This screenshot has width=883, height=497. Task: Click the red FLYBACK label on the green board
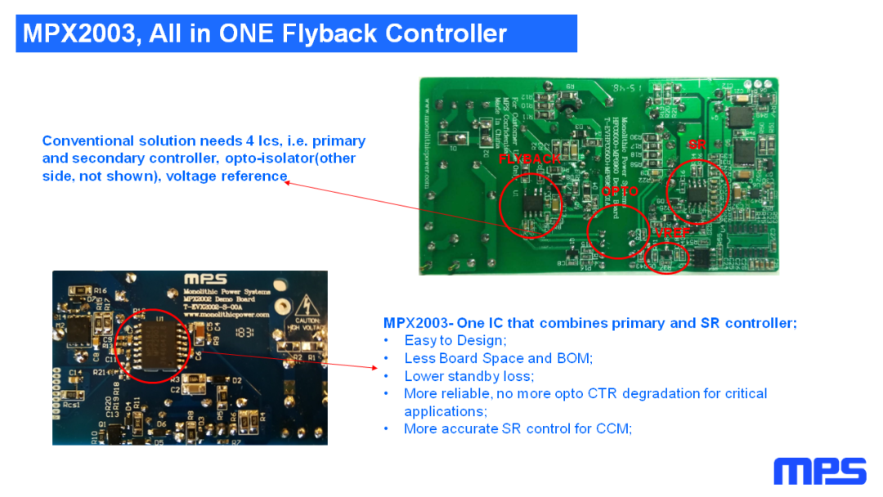(530, 159)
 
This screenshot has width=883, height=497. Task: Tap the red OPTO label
(620, 191)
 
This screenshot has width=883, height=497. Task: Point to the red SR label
(697, 145)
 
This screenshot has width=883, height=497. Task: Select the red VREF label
(672, 233)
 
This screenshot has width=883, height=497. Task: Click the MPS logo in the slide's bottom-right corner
(819, 472)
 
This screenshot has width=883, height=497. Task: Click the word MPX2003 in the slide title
(78, 34)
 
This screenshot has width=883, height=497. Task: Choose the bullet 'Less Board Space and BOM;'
(498, 358)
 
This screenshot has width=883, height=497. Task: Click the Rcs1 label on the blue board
(73, 403)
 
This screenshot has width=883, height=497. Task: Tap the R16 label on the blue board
(101, 291)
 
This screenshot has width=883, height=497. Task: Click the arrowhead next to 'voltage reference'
(287, 183)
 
